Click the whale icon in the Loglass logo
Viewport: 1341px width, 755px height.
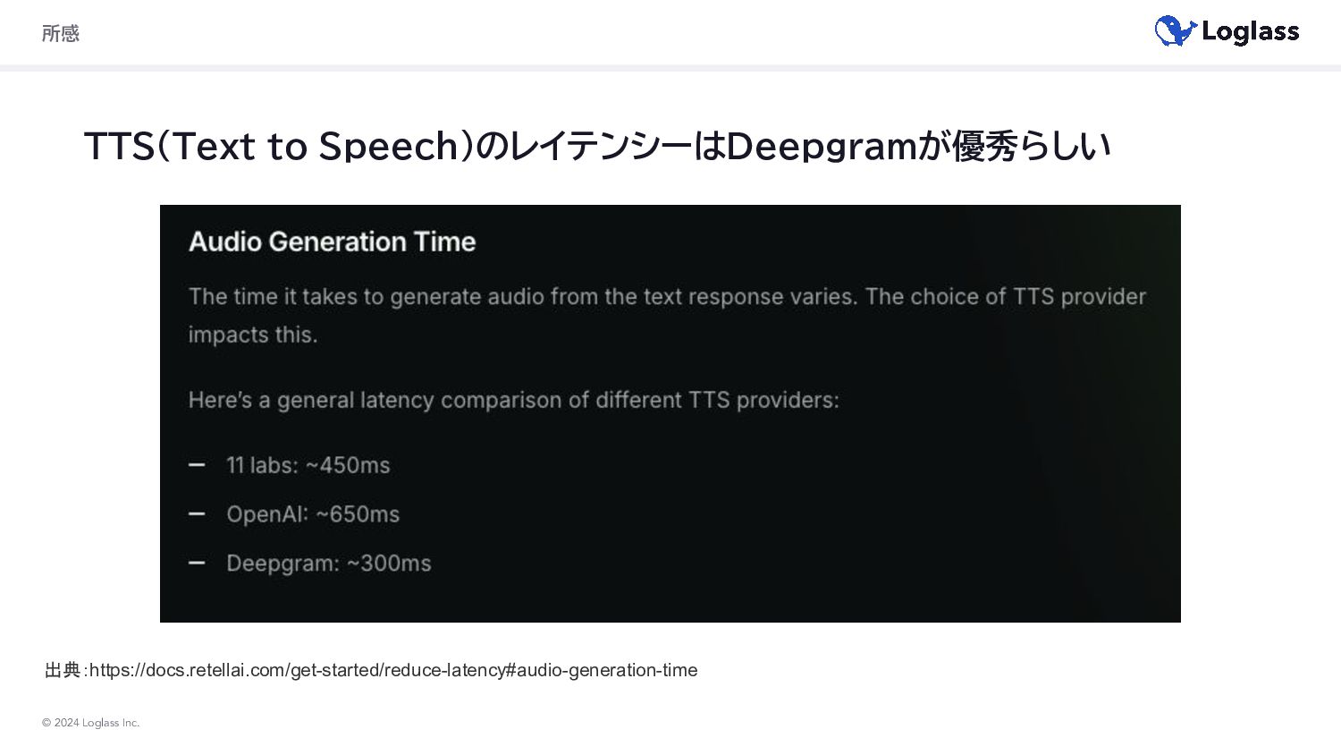[x=1176, y=30]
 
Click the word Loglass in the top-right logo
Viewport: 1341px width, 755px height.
[x=1251, y=32]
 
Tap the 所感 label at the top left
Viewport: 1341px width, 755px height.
[x=61, y=33]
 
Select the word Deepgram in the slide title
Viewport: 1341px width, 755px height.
[x=821, y=146]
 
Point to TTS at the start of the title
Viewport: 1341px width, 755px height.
[x=120, y=146]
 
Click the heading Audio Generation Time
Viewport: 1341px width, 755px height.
[x=333, y=242]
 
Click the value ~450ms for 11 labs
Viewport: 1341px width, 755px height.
[x=349, y=465]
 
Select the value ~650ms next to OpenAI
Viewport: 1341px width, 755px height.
[x=358, y=514]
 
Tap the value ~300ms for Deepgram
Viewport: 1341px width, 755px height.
[x=389, y=564]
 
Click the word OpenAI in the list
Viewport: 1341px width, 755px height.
[x=267, y=514]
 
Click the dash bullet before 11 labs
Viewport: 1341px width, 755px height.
[x=197, y=465]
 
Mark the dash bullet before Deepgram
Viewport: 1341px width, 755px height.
[x=197, y=563]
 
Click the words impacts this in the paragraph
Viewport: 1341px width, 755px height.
[x=253, y=335]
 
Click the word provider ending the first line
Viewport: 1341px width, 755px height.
[x=1103, y=297]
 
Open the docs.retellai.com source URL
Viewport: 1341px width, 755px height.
[x=393, y=670]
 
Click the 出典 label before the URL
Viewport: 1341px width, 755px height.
[x=63, y=670]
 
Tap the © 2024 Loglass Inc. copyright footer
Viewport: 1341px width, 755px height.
[x=90, y=723]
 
